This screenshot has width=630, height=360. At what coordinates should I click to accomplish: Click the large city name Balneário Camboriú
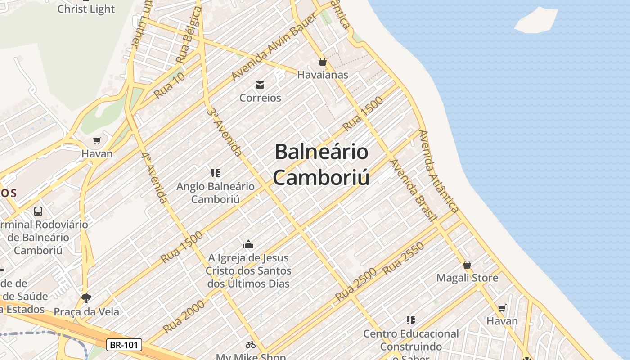(321, 164)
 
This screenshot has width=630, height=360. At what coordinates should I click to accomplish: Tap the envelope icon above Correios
(260, 85)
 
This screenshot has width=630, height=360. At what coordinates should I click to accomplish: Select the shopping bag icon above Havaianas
(322, 62)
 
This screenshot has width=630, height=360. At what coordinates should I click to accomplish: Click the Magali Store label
(467, 278)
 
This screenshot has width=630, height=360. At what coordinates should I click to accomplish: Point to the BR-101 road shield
(124, 345)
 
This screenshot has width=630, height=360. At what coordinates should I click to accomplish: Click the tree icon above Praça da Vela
(86, 298)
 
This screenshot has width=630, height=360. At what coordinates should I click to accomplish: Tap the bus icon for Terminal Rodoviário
(38, 211)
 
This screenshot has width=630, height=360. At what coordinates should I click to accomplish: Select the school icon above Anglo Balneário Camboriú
(215, 173)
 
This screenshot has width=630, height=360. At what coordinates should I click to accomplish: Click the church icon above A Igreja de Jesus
(248, 245)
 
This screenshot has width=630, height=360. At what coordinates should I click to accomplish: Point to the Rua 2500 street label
(355, 285)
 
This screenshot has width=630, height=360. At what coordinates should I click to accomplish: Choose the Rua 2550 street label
(403, 259)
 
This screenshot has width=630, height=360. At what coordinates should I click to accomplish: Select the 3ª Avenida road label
(225, 130)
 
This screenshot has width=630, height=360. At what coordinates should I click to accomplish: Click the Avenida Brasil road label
(413, 190)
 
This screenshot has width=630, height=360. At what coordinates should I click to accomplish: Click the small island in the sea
(536, 20)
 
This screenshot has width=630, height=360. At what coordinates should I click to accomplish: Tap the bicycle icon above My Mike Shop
(251, 345)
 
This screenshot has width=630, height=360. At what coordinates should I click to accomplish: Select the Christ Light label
(86, 9)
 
